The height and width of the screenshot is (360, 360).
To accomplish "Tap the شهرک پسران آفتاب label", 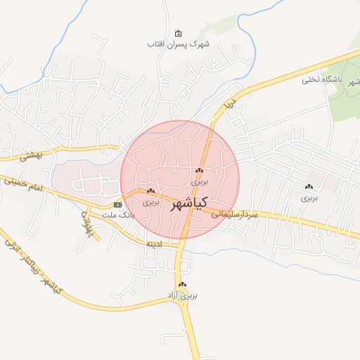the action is pyautogui.click(x=179, y=44).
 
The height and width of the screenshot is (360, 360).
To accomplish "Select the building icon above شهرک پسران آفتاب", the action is pyautogui.click(x=178, y=34).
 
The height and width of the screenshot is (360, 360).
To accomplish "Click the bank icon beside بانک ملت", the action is pyautogui.click(x=117, y=205).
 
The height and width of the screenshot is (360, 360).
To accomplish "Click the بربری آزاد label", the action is pyautogui.click(x=184, y=295).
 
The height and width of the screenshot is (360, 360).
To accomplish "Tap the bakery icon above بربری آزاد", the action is pyautogui.click(x=183, y=285).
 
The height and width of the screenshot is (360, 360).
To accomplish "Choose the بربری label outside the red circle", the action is pyautogui.click(x=309, y=198).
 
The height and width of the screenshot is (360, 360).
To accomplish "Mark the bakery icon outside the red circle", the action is pyautogui.click(x=309, y=186).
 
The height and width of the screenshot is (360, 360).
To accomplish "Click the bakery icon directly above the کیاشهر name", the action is pyautogui.click(x=200, y=171).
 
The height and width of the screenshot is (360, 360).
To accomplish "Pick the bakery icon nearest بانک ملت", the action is pyautogui.click(x=150, y=191).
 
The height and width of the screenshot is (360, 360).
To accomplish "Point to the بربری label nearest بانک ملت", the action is pyautogui.click(x=151, y=201).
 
